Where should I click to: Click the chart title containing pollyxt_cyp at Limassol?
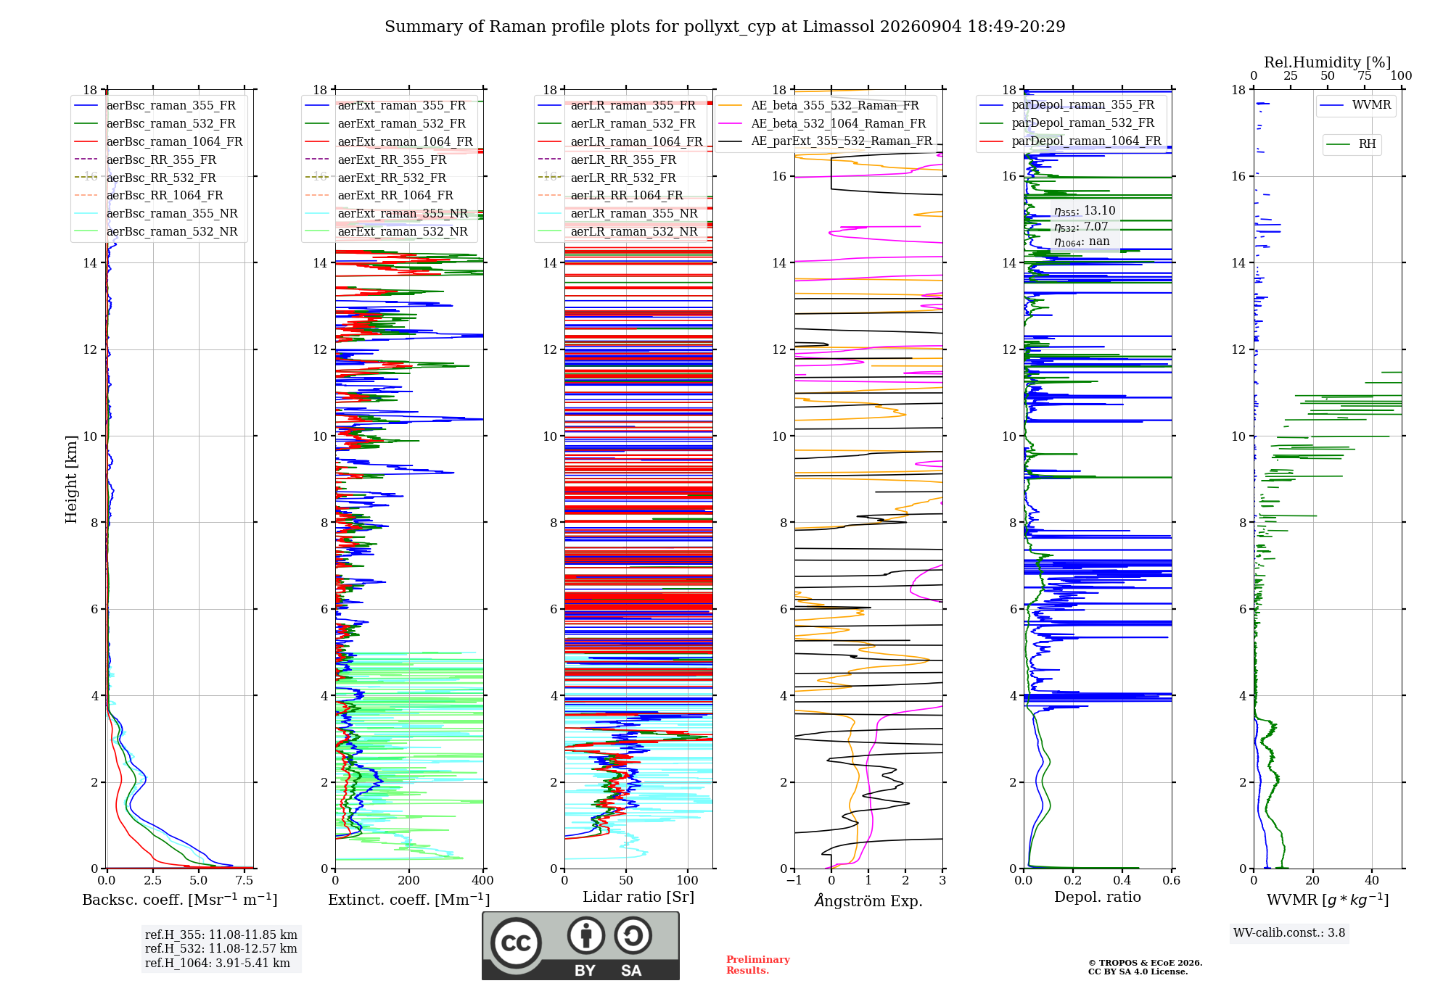pos(725,27)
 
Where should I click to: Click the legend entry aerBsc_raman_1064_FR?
pos(174,141)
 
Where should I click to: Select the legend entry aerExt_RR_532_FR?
pos(392,178)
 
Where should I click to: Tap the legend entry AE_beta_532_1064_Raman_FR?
pos(838,123)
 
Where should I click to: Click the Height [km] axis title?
pos(71,479)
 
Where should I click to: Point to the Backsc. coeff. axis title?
pos(179,899)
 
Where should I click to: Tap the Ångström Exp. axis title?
pos(868,900)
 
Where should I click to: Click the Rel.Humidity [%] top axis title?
pos(1327,62)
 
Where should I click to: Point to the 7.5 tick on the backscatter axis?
pos(244,880)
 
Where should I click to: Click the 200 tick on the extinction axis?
pos(408,880)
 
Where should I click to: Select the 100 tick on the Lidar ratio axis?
pos(688,880)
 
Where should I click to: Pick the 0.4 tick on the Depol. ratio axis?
pos(1122,880)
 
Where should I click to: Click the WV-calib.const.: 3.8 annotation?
pos(1289,933)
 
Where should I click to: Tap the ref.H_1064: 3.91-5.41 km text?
pos(218,964)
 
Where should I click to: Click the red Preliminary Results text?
pos(757,965)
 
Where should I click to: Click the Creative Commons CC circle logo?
pos(516,943)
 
